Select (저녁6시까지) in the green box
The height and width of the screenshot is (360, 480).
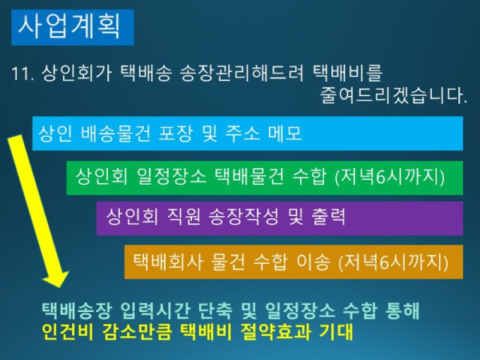tap(390, 175)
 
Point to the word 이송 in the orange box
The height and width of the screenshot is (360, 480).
tap(310, 261)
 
